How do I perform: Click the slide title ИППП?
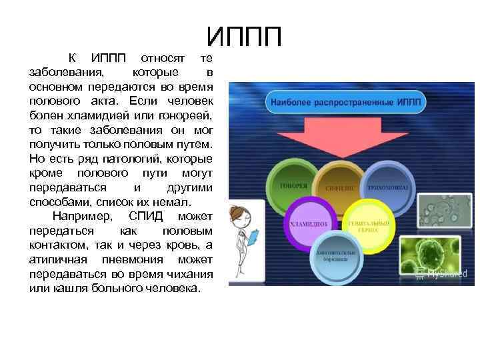pos(244,37)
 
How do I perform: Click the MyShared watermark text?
pos(443,272)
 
